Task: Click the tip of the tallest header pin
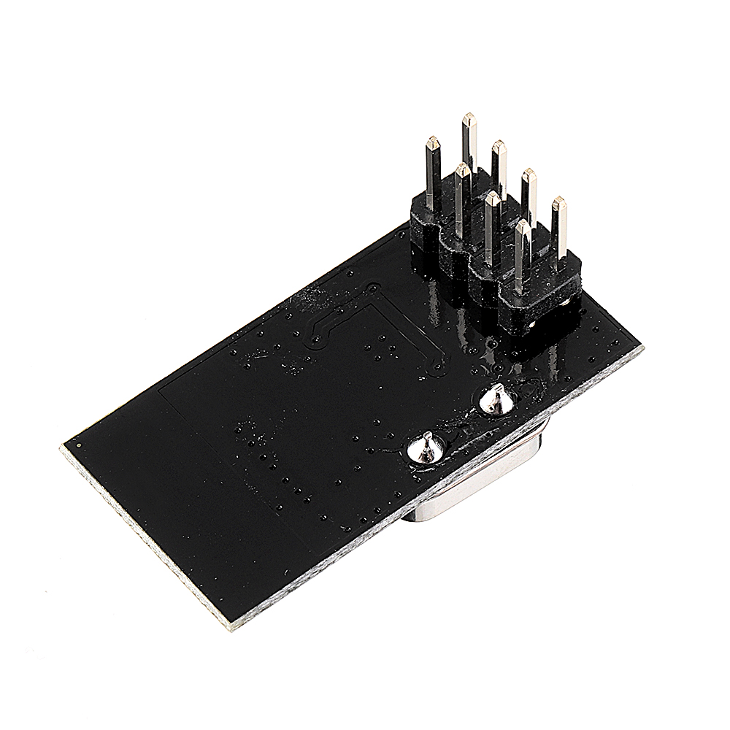tap(468, 117)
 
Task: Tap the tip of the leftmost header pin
tap(434, 140)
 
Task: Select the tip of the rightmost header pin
tap(558, 200)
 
